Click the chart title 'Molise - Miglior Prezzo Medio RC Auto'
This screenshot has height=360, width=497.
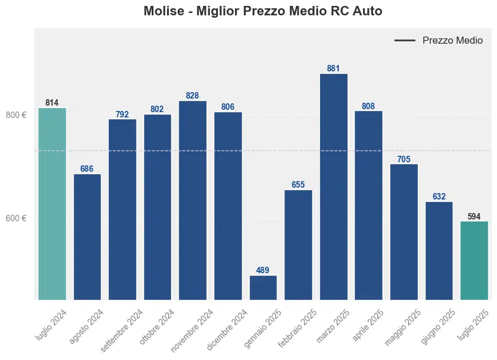tap(263, 11)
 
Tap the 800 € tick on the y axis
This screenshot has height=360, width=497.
tap(16, 115)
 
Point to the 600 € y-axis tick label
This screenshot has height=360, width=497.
tap(16, 218)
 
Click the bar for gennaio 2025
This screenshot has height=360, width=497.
tap(263, 287)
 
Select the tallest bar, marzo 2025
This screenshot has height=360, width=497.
tap(333, 186)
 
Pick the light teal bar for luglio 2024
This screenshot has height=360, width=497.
tap(52, 204)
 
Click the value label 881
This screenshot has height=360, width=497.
tap(333, 68)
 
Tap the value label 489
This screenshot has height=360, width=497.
tap(263, 270)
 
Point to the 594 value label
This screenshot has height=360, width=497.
tap(474, 217)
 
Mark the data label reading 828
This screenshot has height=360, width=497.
tap(192, 96)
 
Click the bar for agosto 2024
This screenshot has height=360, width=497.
tap(87, 236)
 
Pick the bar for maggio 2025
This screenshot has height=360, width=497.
tap(404, 231)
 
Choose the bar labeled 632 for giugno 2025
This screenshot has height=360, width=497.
tap(439, 251)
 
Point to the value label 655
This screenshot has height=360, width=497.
tap(298, 185)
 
